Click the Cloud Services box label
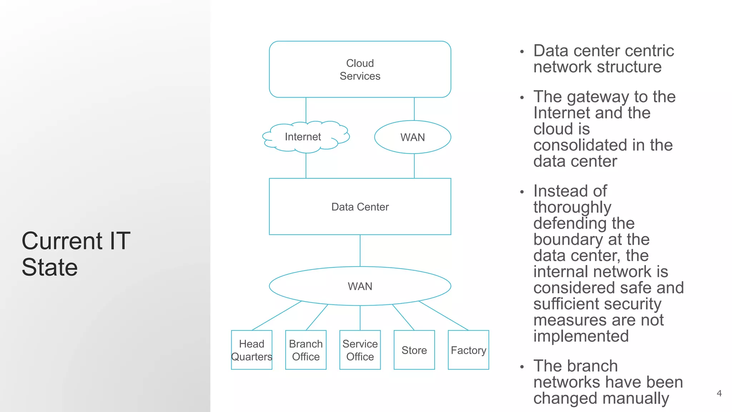tap(360, 69)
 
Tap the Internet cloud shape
tap(303, 137)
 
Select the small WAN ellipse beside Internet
tap(412, 137)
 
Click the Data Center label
tap(360, 207)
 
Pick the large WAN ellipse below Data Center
tap(360, 286)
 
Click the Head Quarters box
tap(252, 350)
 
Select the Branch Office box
tap(306, 350)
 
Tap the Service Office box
tap(360, 350)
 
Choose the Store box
tap(414, 350)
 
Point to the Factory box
tap(468, 350)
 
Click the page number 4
tap(719, 393)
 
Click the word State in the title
tap(50, 267)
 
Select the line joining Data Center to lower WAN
tap(360, 250)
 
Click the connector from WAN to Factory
tap(443, 315)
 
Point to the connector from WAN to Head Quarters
tap(277, 315)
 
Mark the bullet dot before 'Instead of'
tap(522, 192)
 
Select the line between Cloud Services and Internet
tap(306, 109)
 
